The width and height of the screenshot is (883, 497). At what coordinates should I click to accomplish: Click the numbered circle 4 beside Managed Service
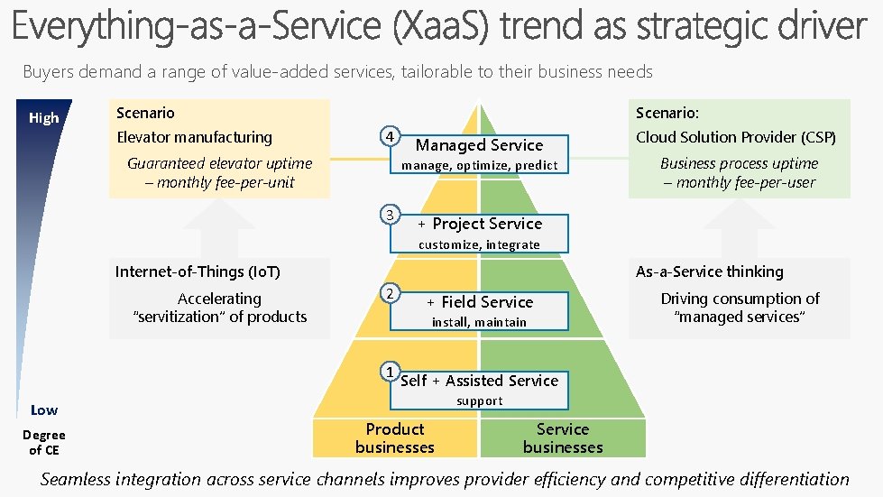point(389,136)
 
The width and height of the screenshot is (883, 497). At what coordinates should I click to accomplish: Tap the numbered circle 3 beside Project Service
point(389,215)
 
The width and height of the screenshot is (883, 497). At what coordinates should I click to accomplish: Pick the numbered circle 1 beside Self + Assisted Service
point(389,371)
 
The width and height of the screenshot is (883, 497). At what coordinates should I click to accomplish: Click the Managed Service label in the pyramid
point(479,145)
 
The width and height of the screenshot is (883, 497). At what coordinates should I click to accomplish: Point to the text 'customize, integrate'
point(479,244)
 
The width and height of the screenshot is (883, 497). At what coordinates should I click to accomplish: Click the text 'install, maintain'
point(479,322)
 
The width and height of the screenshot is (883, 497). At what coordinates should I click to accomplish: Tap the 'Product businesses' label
point(394,438)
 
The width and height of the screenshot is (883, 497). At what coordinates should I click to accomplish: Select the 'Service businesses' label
point(563,438)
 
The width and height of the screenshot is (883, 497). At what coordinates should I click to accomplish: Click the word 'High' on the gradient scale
point(43,118)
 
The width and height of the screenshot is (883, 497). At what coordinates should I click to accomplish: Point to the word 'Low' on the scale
point(43,410)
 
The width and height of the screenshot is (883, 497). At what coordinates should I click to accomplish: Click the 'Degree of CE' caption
point(43,442)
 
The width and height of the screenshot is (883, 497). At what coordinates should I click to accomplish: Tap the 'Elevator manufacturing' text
point(194,137)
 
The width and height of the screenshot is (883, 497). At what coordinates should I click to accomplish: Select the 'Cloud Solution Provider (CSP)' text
point(736,137)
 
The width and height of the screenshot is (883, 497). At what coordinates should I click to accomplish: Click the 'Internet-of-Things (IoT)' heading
point(198,272)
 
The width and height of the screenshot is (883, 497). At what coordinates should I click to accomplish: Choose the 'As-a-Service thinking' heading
point(710,272)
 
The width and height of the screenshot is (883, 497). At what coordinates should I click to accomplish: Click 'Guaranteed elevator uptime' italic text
point(219,163)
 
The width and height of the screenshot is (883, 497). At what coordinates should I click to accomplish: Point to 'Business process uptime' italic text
point(739,163)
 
